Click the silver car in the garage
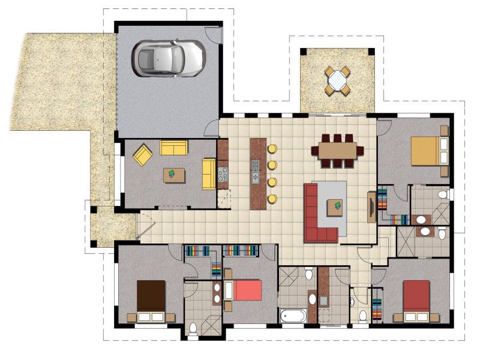point(168,58)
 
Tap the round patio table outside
point(338,80)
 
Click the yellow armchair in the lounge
point(143,155)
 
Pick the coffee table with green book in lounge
point(174,175)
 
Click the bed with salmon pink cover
point(245,290)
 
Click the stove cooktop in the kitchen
point(223,174)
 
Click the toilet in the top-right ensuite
point(443,194)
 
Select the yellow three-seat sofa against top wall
point(174,147)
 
